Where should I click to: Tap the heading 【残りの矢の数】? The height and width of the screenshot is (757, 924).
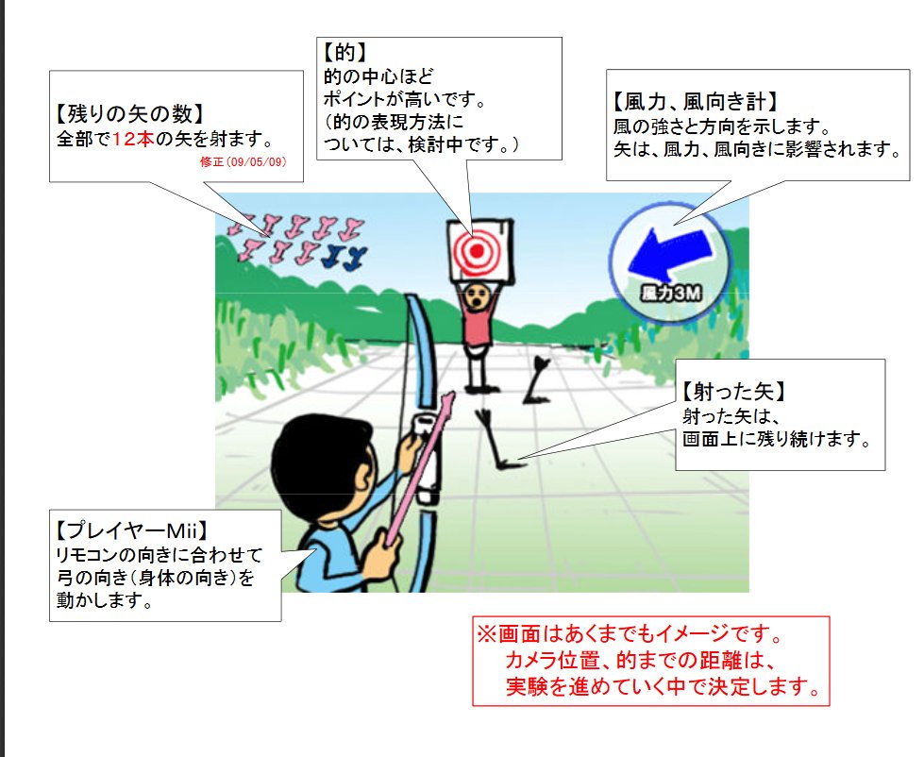point(129,116)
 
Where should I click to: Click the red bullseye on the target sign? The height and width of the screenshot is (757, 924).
point(476,250)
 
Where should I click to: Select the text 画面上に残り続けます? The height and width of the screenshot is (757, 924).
point(773,440)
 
